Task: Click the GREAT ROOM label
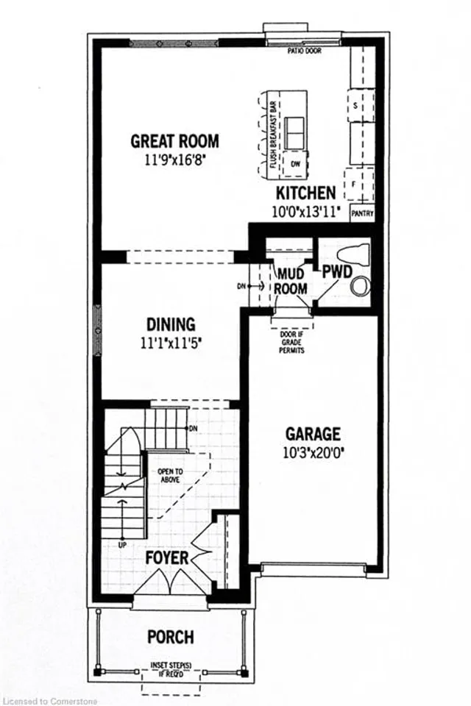[x=174, y=140]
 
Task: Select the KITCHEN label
[x=305, y=193]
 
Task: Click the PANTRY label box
[x=362, y=214]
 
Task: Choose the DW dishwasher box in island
[x=295, y=163]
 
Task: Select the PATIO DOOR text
[x=302, y=51]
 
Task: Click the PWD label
[x=335, y=271]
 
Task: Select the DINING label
[x=170, y=324]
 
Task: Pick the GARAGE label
[x=314, y=433]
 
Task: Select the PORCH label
[x=170, y=636]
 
